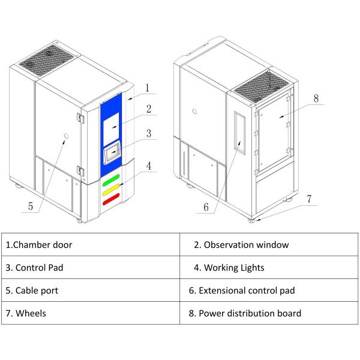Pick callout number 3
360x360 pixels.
148,133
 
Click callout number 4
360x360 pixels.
148,164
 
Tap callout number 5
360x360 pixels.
31,205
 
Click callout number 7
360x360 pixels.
309,198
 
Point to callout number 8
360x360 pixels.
316,97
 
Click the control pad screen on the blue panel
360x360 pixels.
112,154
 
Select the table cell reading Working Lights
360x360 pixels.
269,268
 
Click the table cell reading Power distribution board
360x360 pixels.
269,313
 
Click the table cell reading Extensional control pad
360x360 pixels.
269,290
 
